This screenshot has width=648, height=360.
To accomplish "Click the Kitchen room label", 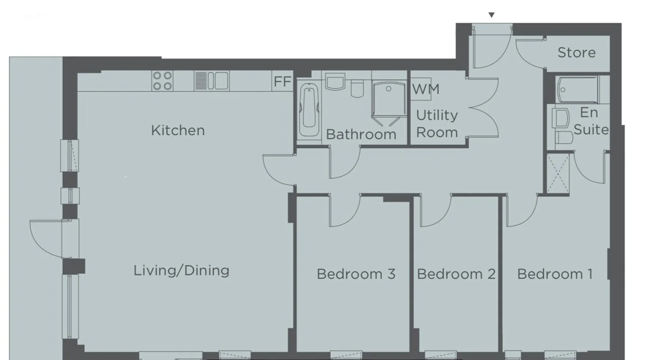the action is [x=178, y=130].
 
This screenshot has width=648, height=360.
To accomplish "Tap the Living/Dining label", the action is [x=181, y=270].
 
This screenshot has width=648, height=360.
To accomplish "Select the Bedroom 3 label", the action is [x=356, y=274].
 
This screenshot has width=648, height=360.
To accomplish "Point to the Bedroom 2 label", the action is [x=456, y=274].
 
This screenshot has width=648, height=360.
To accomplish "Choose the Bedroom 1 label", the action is [x=555, y=274].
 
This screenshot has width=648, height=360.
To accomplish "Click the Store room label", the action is [x=576, y=53].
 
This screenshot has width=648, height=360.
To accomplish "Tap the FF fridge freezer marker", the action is [x=282, y=82].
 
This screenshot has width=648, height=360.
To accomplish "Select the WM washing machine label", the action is [x=426, y=89].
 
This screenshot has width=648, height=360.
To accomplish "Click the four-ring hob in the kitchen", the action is [x=162, y=81].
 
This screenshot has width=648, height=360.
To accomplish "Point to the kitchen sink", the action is [x=211, y=81].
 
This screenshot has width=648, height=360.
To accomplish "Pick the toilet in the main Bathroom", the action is [x=357, y=88].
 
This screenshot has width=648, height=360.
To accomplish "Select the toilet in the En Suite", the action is [x=564, y=138].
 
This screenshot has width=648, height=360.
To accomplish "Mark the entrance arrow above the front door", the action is [x=491, y=15].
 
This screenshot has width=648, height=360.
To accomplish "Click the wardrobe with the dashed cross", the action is [x=558, y=174].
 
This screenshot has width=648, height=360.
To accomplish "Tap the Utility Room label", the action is [x=437, y=124].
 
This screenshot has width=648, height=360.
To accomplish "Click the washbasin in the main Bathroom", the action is [x=335, y=82].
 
